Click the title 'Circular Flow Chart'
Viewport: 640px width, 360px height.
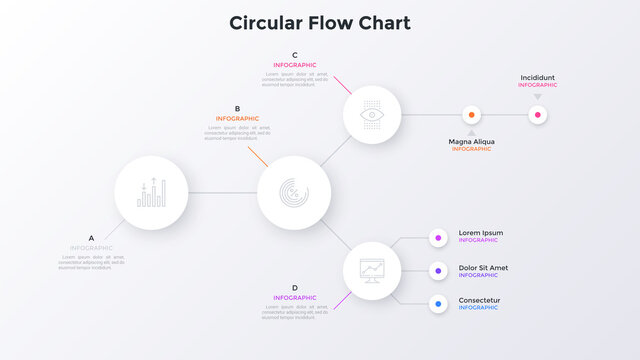click(x=319, y=23)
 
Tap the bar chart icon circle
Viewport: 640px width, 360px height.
click(x=152, y=192)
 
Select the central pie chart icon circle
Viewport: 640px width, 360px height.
click(x=294, y=192)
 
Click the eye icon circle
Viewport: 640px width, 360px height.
click(x=373, y=115)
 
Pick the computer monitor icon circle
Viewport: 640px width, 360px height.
click(x=373, y=270)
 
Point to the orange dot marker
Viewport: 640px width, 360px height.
click(x=471, y=115)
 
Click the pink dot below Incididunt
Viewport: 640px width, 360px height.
click(x=538, y=115)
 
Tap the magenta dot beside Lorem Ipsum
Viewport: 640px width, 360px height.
click(x=438, y=237)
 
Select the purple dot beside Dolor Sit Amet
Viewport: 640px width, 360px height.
click(x=438, y=270)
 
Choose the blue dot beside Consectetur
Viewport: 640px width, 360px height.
click(x=438, y=303)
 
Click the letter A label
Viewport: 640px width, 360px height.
click(x=91, y=238)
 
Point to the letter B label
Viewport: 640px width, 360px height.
click(x=237, y=109)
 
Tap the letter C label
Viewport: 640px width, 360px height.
click(x=294, y=55)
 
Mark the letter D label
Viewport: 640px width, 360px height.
click(x=294, y=288)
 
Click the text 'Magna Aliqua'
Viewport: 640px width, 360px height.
click(x=471, y=141)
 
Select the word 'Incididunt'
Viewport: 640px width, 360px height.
click(x=538, y=77)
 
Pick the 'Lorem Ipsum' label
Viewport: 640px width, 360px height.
click(x=481, y=233)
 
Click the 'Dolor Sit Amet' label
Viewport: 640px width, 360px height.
click(x=483, y=267)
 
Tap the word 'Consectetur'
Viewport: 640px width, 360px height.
click(x=480, y=300)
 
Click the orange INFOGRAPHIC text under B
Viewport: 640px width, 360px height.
click(x=237, y=119)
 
